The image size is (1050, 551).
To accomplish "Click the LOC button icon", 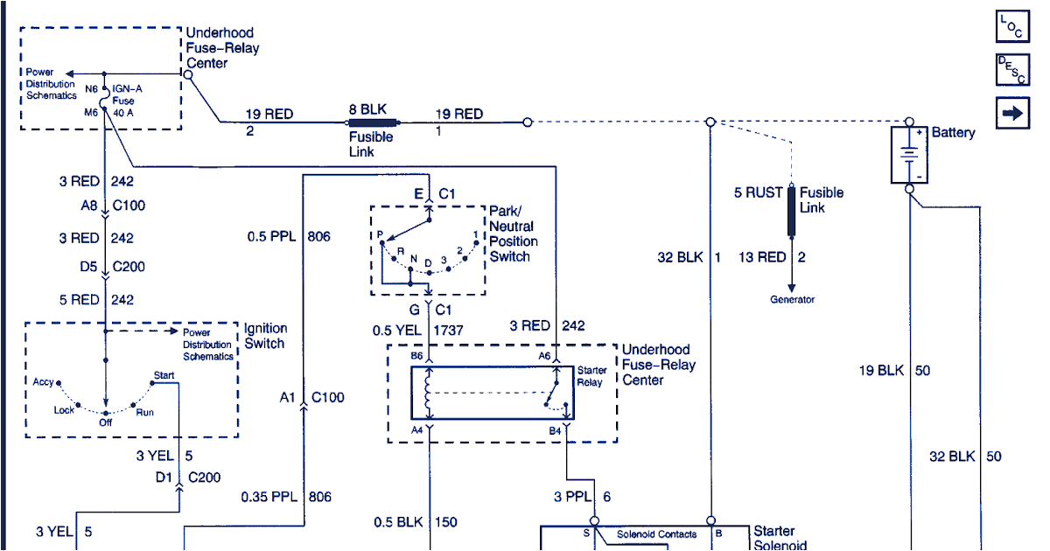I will point(1012,26).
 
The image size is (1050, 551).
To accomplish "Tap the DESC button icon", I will point(1012,70).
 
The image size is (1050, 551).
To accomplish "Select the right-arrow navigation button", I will point(1012,113).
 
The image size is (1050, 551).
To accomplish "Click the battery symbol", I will point(910,155).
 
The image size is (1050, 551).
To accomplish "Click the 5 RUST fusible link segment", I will point(792,211).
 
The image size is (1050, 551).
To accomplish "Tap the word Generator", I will point(792,299).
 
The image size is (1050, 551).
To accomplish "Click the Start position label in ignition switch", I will point(164,376).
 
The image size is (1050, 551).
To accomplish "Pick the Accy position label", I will point(43,382).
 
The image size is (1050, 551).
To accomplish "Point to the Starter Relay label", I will point(591,376).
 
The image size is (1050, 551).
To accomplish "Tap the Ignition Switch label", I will point(265,336).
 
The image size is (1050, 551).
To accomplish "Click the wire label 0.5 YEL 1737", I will point(417,331).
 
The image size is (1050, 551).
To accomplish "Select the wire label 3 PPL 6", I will point(581,497).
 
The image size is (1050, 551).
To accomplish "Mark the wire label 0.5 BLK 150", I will point(416,522).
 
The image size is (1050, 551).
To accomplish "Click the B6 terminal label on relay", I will point(416,357).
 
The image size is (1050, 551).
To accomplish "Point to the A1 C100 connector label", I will point(312,397).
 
